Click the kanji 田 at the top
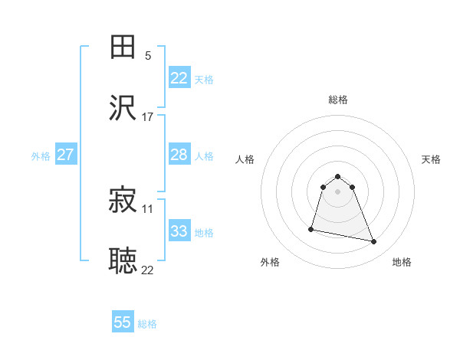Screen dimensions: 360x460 [123, 47]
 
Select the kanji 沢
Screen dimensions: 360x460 [123, 109]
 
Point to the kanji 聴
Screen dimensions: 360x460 [123, 261]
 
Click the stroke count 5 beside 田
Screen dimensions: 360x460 [147, 55]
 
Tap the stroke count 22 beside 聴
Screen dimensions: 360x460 [147, 269]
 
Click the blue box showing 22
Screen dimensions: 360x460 [179, 78]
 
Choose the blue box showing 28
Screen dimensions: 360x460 [179, 155]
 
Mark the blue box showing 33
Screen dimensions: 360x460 [179, 231]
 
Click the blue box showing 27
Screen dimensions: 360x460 [65, 155]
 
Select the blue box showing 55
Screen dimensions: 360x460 [123, 322]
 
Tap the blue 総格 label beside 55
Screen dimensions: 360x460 [147, 324]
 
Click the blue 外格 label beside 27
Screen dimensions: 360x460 [41, 156]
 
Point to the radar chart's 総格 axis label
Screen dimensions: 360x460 [338, 100]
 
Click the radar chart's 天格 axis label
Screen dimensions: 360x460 [431, 159]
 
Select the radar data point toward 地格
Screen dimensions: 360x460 [374, 242]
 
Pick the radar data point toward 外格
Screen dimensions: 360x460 [311, 228]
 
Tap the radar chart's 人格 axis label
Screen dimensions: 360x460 [245, 159]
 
